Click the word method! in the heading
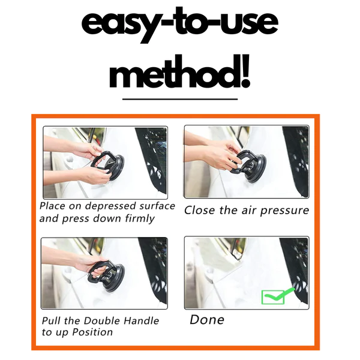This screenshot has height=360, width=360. [x=180, y=72]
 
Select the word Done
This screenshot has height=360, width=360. [x=207, y=320]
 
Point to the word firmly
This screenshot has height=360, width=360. [x=140, y=218]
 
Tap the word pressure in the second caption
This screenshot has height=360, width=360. [x=284, y=211]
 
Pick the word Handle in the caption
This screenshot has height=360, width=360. [x=141, y=321]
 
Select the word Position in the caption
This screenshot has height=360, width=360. [x=92, y=332]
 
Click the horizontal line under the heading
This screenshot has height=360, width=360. [x=180, y=99]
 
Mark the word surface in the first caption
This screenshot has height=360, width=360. [x=157, y=206]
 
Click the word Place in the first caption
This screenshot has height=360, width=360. [x=52, y=206]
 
